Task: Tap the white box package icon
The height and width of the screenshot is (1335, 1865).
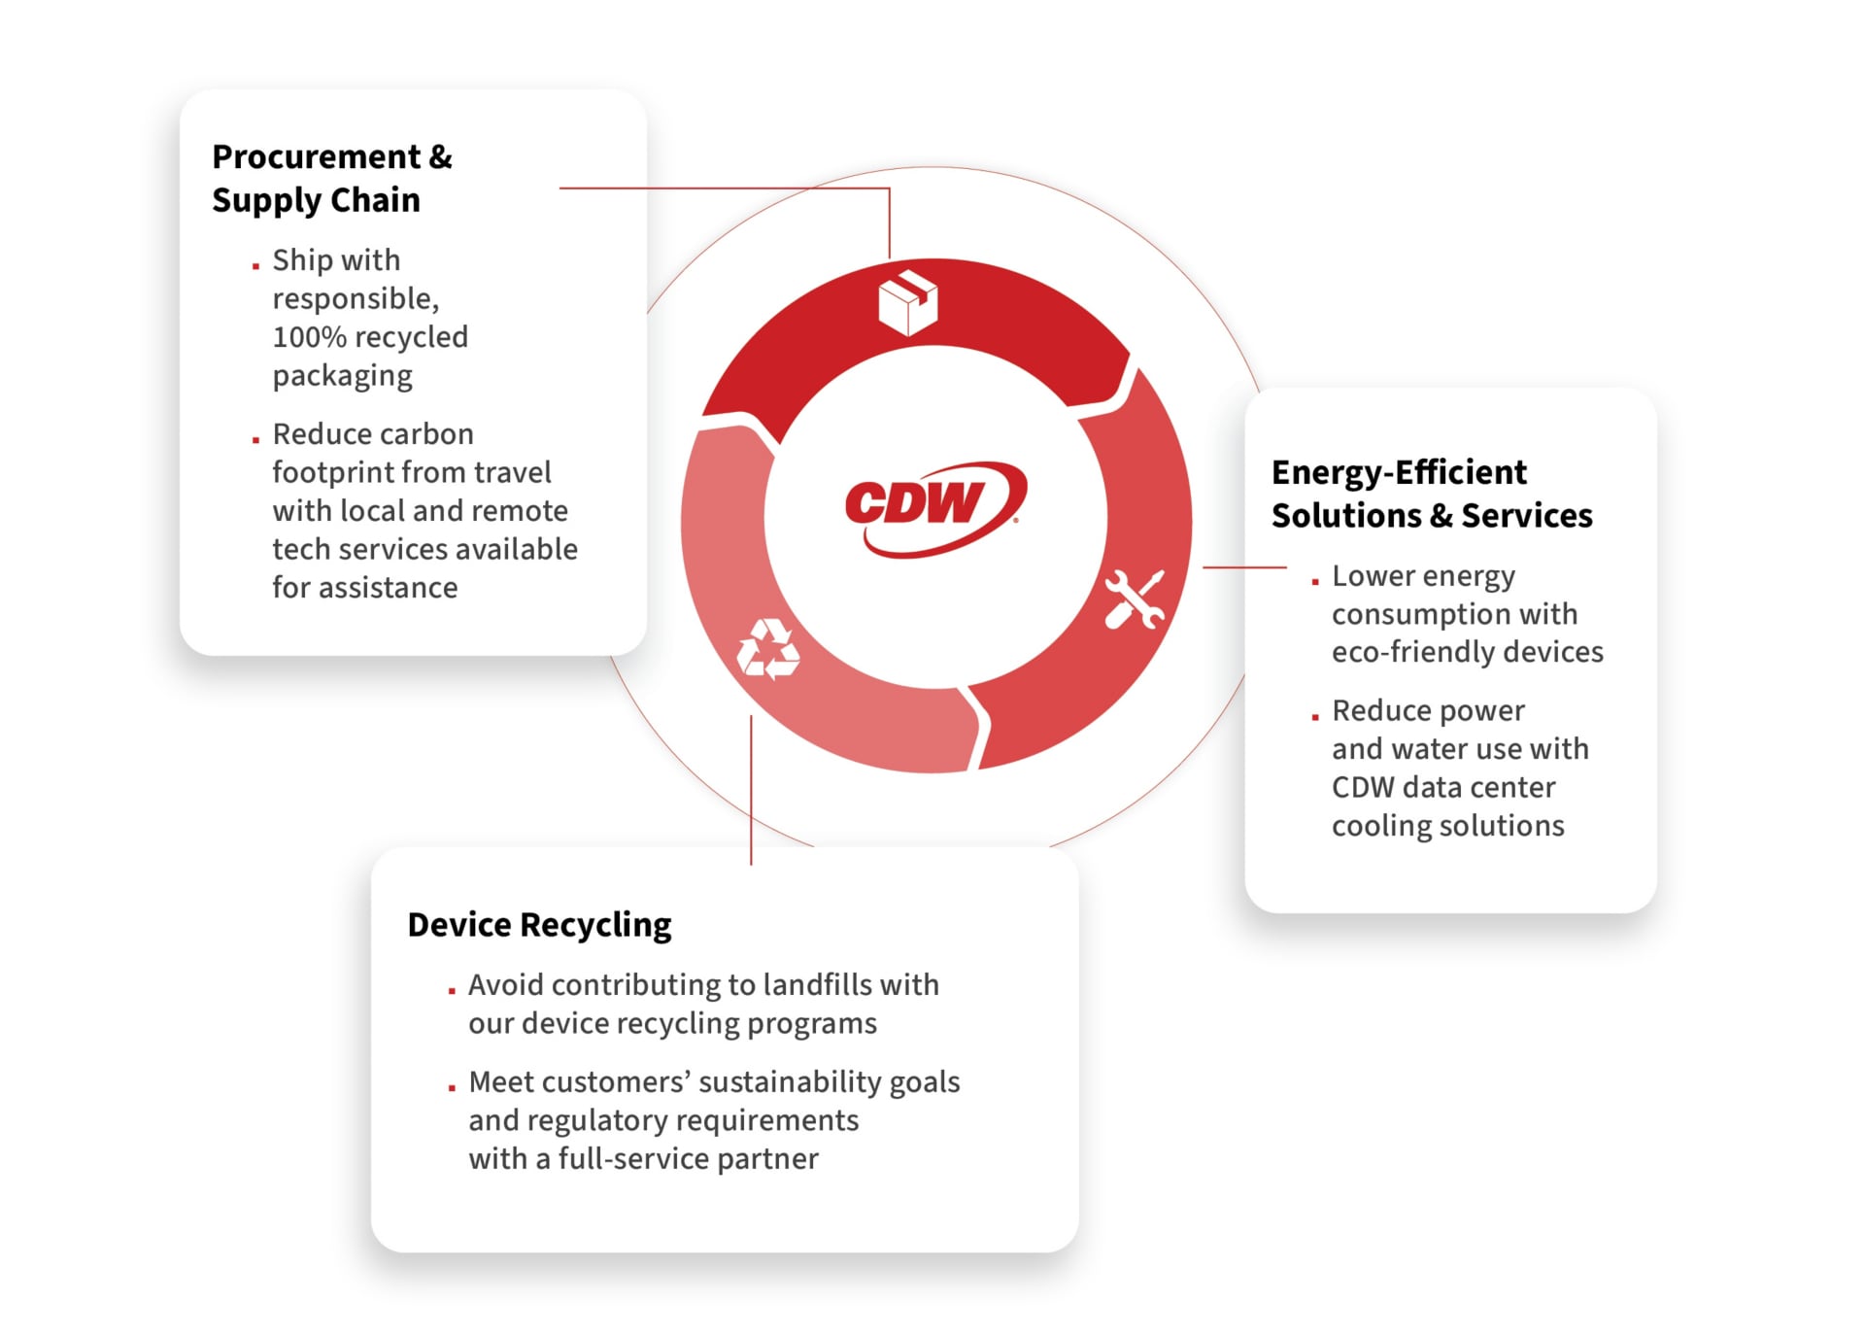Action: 907,302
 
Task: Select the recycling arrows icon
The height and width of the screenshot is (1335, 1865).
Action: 768,649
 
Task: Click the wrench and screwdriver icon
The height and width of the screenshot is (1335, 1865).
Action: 1134,599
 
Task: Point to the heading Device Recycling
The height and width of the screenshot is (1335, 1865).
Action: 539,924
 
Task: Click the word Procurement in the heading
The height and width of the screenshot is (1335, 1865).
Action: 317,156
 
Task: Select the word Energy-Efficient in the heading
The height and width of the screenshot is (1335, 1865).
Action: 1399,472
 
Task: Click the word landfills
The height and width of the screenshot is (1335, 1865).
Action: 818,984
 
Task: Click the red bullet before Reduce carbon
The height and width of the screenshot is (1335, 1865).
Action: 255,440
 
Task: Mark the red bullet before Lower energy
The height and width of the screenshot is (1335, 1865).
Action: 1315,582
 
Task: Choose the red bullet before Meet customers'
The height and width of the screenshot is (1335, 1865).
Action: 452,1088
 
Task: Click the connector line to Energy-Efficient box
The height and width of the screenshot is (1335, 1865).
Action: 1244,566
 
